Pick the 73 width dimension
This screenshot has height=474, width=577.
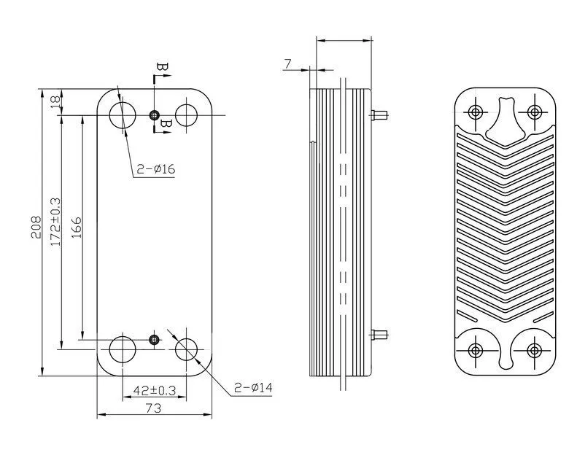pos(153,409)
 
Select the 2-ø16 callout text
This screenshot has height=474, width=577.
pos(156,169)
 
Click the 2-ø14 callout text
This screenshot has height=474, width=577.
pos(253,387)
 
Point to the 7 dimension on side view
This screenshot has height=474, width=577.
pos(288,65)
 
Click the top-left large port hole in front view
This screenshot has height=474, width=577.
pos(122,115)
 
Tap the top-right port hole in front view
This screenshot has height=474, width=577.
pos(187,115)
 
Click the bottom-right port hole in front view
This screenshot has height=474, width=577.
pos(187,349)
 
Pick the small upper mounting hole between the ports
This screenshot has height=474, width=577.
pos(154,115)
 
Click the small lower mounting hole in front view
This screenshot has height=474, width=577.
pos(154,340)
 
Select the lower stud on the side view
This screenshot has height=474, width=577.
pos(379,335)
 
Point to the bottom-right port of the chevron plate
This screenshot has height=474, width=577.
pos(534,350)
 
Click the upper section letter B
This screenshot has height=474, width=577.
pos(161,69)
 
